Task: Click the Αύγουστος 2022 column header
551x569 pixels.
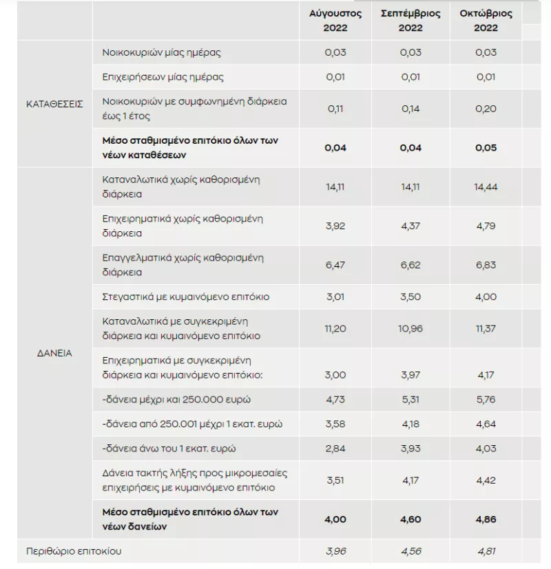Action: (335, 21)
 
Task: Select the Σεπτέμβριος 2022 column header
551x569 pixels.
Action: (410, 21)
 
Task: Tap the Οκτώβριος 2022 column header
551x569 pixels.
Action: (486, 21)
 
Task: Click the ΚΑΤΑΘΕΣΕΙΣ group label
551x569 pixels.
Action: (54, 104)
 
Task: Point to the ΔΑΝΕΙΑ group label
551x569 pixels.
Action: (54, 353)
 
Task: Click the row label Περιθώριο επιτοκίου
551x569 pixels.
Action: (74, 551)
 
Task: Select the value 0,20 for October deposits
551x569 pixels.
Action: (486, 109)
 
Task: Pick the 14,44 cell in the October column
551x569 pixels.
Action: (486, 187)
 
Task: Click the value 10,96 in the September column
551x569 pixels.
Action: (410, 329)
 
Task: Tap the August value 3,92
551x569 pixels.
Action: (335, 226)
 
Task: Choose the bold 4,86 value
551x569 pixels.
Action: (486, 519)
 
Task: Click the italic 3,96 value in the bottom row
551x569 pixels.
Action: (336, 551)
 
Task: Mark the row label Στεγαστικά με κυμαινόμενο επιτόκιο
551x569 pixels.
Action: (186, 297)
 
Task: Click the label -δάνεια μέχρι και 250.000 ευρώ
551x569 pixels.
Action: (176, 400)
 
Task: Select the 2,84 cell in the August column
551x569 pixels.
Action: (335, 449)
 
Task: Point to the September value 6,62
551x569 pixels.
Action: (410, 265)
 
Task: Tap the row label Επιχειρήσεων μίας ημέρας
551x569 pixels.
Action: (163, 77)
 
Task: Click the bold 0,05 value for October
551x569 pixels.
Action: (486, 148)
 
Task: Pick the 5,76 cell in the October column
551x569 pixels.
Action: (486, 400)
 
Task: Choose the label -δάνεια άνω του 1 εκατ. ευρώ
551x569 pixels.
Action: (169, 449)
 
